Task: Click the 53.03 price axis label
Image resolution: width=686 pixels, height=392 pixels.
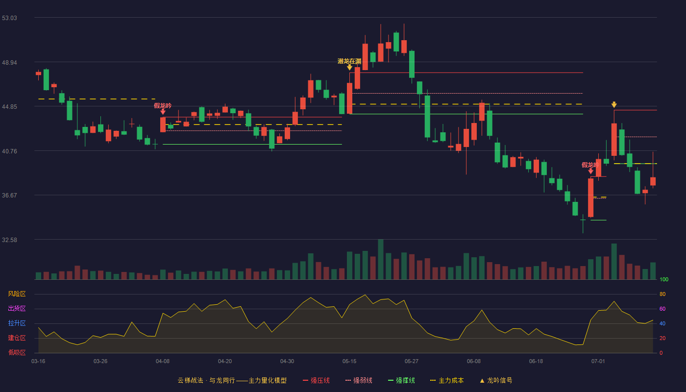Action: tap(9, 18)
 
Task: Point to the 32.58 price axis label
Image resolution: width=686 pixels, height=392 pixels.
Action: tap(9, 240)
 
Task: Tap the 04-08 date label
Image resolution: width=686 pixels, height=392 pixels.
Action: tap(163, 362)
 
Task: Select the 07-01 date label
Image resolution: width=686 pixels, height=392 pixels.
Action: tap(598, 362)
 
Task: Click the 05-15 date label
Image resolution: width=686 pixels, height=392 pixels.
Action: tap(349, 362)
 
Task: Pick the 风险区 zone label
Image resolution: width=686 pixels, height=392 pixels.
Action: tap(17, 294)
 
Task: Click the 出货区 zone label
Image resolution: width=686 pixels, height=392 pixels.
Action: tap(17, 308)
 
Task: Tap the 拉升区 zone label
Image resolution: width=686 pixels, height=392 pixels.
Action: tap(17, 323)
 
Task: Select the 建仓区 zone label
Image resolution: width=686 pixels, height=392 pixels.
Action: tap(17, 338)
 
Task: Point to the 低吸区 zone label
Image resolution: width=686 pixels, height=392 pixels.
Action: tap(17, 352)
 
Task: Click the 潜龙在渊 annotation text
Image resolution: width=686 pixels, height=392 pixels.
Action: tap(349, 61)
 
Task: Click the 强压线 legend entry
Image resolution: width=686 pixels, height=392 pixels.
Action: tap(316, 380)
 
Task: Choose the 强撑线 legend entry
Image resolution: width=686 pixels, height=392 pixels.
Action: tap(401, 380)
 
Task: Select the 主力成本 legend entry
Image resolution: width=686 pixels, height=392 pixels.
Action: tap(447, 380)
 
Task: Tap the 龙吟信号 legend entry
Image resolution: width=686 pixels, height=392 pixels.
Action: tap(496, 380)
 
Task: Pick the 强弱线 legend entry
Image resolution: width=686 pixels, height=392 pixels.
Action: tap(359, 380)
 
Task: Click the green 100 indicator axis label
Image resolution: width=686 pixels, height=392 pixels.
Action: tap(664, 279)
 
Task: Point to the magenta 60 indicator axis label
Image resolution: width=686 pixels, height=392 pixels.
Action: tap(662, 309)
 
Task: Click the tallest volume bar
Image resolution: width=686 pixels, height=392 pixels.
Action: tap(381, 259)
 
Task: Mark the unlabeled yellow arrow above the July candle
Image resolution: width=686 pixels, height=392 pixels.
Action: tap(614, 104)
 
